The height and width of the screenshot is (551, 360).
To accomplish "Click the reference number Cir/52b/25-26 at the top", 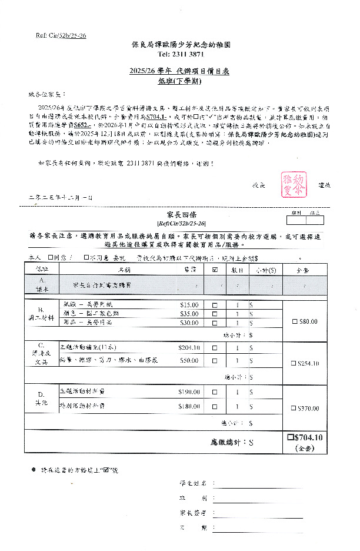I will [x=61, y=36].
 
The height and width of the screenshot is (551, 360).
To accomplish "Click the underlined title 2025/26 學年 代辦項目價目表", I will [x=179, y=71].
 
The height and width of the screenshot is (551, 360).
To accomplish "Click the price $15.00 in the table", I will [x=189, y=305].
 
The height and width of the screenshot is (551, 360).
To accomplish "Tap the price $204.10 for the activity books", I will [x=189, y=348].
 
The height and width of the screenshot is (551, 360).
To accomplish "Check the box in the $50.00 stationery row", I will [x=214, y=360].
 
